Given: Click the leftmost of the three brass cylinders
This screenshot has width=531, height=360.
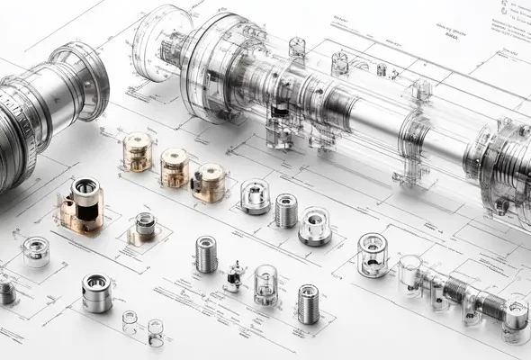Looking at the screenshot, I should [138, 151].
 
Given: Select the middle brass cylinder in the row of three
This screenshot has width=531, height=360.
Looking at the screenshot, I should [175, 166].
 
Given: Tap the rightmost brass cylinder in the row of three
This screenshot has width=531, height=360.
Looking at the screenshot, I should [210, 182].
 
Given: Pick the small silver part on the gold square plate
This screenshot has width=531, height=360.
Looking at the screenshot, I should [145, 226].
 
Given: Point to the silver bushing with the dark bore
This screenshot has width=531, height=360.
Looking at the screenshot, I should [96, 292].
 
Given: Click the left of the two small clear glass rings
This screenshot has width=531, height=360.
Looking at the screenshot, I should [130, 319].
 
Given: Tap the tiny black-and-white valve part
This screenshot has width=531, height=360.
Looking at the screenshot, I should [234, 277].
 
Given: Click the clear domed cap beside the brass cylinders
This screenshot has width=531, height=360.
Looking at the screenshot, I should [255, 197].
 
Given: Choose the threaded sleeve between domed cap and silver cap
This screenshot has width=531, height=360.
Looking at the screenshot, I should [286, 211].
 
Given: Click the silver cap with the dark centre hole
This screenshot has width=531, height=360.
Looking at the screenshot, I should [315, 226].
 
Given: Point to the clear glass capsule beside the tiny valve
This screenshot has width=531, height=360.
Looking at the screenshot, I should [265, 284].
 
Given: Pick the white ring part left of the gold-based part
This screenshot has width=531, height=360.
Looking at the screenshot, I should [35, 251].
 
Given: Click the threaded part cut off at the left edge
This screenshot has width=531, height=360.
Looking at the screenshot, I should [6, 292].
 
